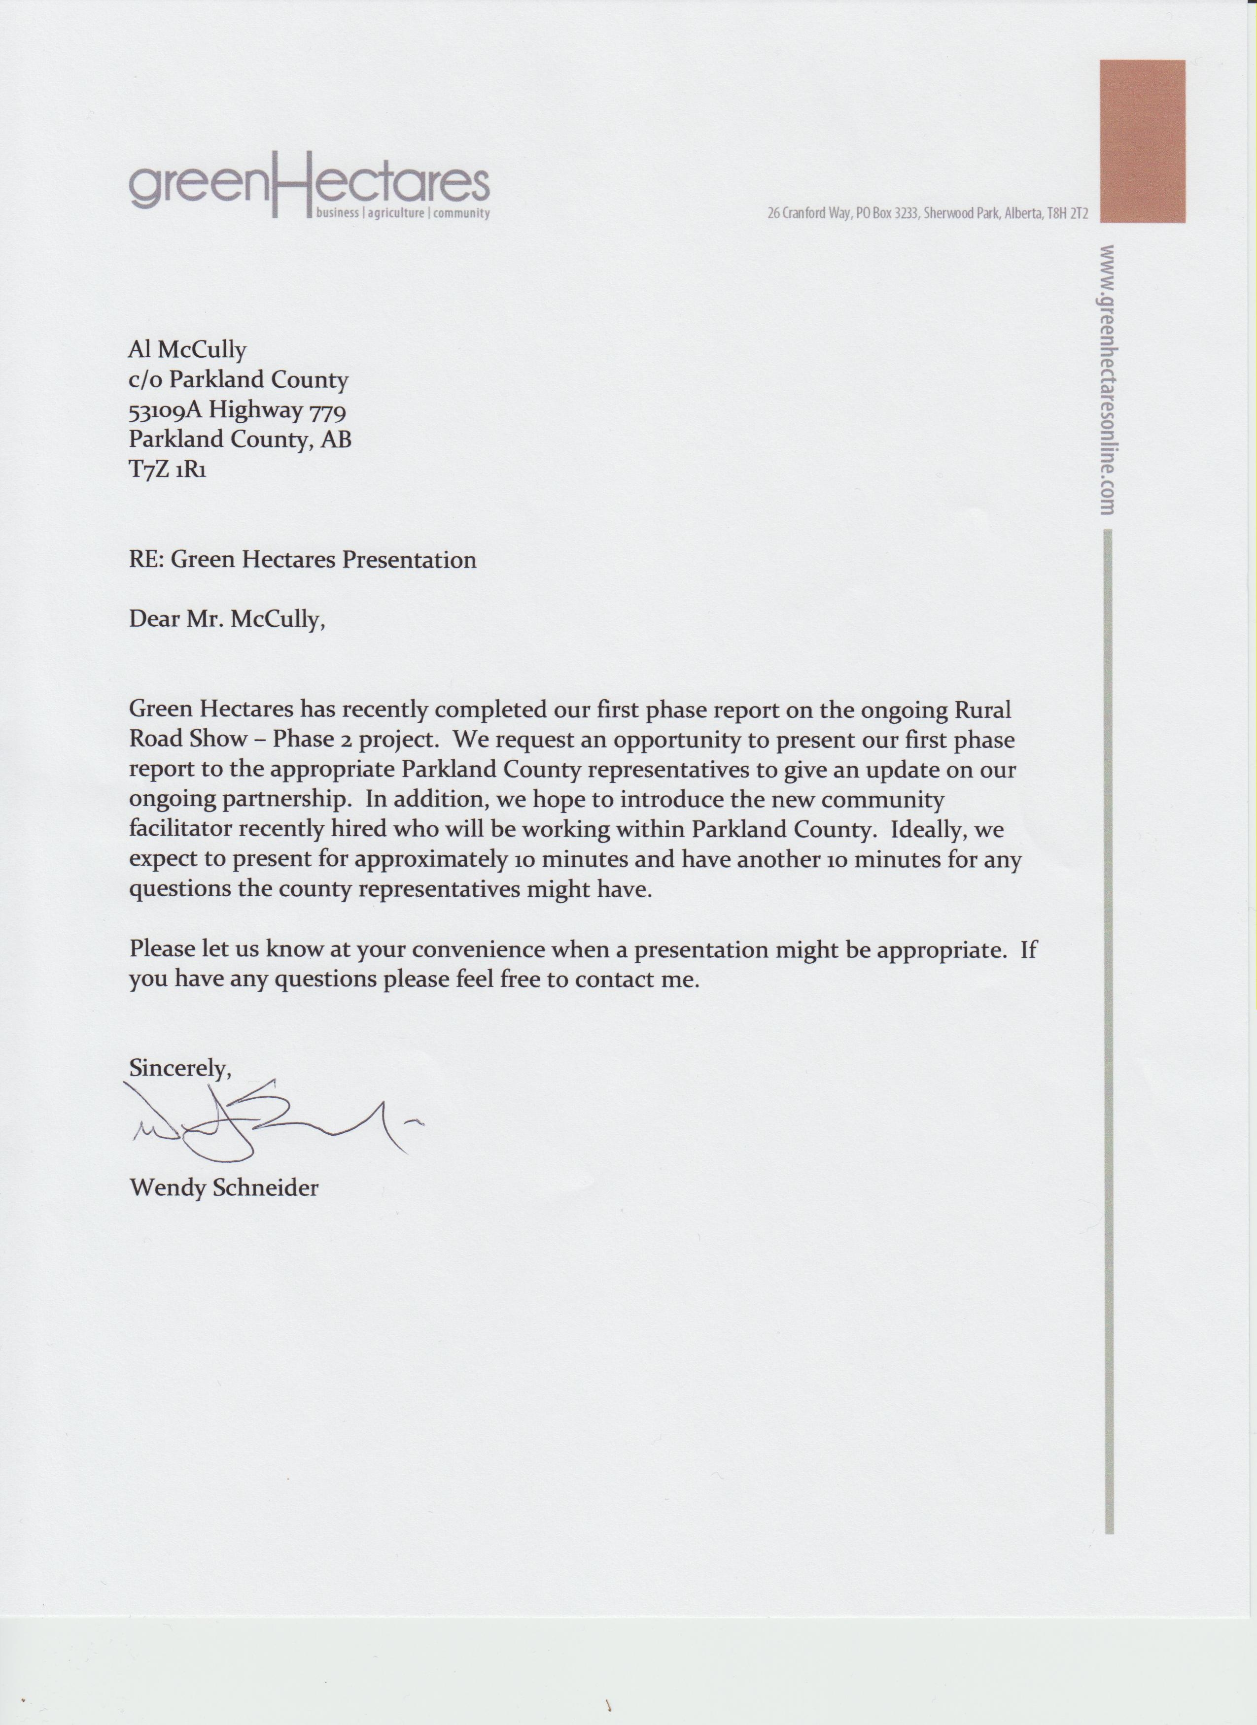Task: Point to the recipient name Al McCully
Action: pos(187,350)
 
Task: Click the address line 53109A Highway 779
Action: pos(238,410)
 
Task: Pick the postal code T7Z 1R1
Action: pos(168,469)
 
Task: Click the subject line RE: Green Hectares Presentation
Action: pos(302,560)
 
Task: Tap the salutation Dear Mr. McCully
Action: pos(227,619)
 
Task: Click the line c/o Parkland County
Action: pos(238,379)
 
